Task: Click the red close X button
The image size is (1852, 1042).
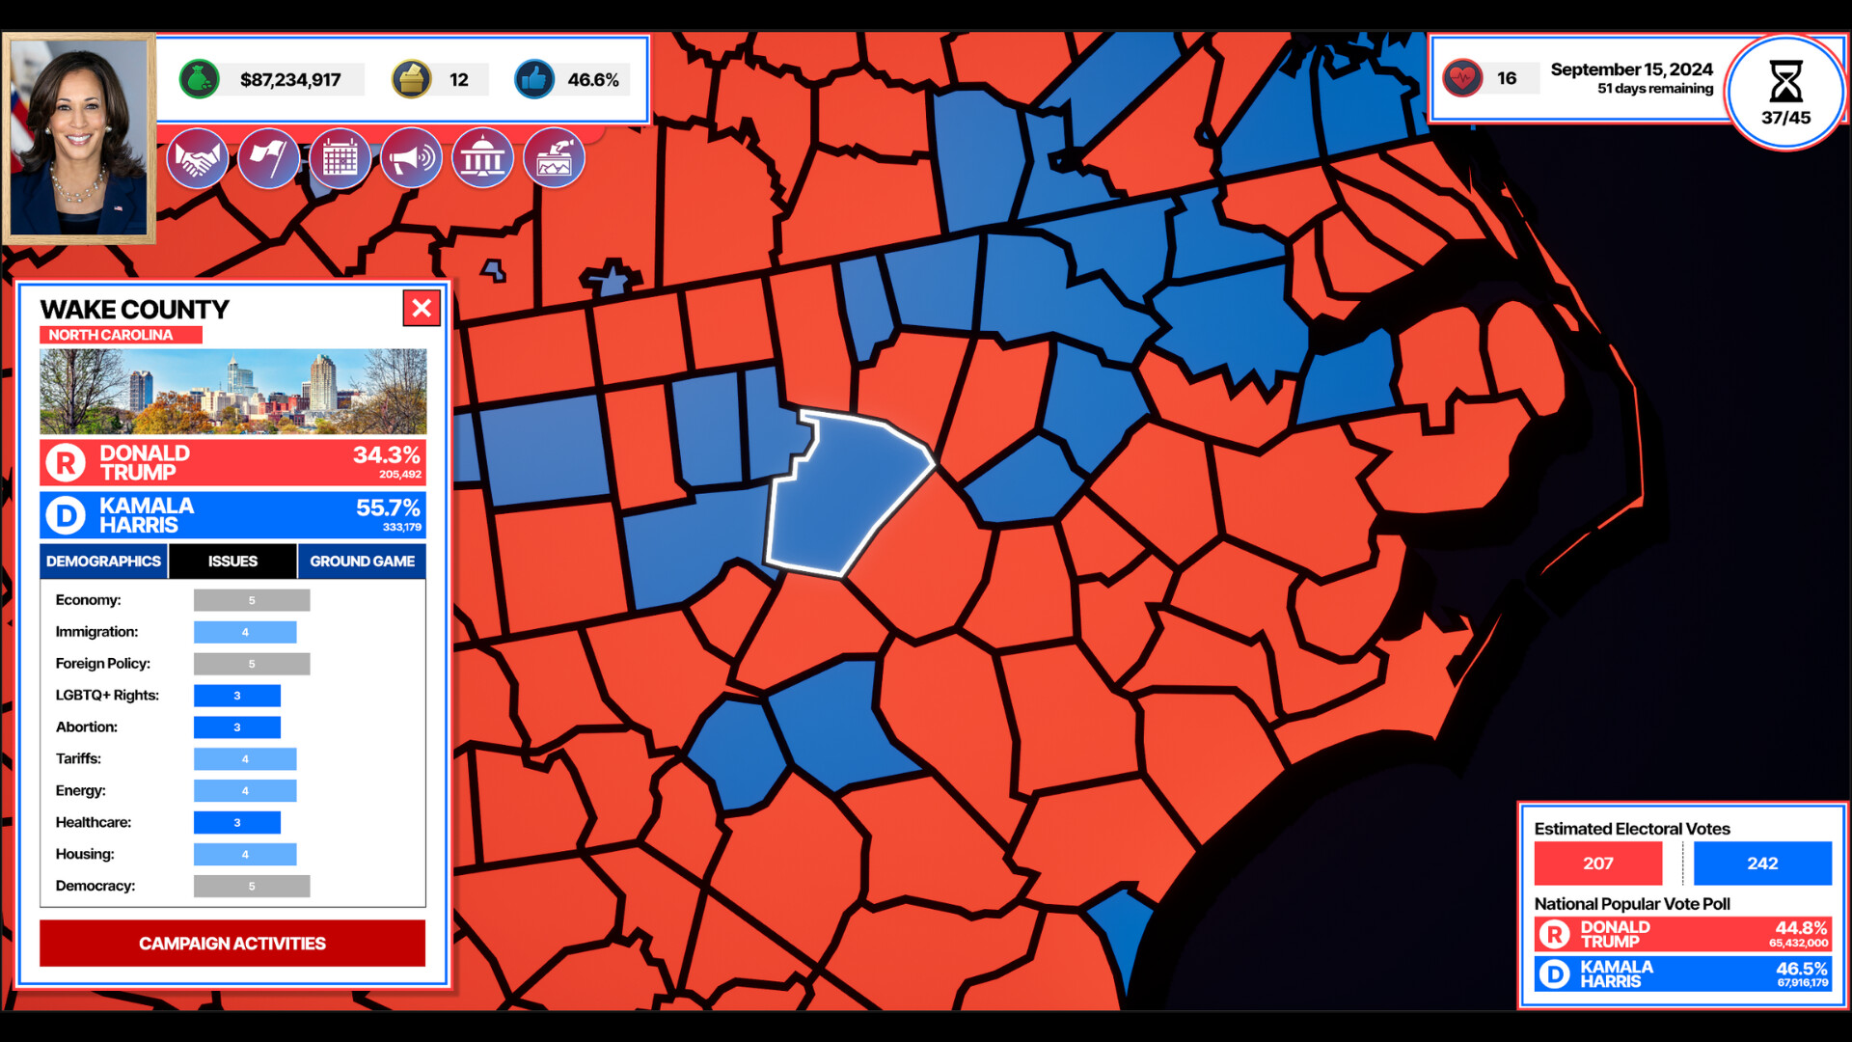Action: (422, 309)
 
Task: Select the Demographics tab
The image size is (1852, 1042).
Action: (104, 562)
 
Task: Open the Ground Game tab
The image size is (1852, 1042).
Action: (362, 562)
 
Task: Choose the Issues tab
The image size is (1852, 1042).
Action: (232, 562)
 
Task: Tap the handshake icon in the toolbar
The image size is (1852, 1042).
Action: (198, 159)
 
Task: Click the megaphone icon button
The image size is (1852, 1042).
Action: (412, 159)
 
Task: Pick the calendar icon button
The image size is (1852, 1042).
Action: (340, 159)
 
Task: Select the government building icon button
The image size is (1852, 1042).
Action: (482, 159)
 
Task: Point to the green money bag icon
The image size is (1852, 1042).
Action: (200, 79)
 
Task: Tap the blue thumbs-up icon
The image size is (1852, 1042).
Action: (534, 79)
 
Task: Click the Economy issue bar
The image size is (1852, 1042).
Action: (252, 600)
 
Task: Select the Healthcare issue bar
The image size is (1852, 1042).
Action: (237, 823)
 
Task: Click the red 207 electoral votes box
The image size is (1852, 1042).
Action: (1598, 864)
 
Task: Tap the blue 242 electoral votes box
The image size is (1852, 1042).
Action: (1762, 864)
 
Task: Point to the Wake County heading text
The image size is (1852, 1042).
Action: (135, 310)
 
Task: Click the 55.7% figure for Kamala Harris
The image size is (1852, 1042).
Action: (388, 507)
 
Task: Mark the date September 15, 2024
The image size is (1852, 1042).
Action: (1631, 69)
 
